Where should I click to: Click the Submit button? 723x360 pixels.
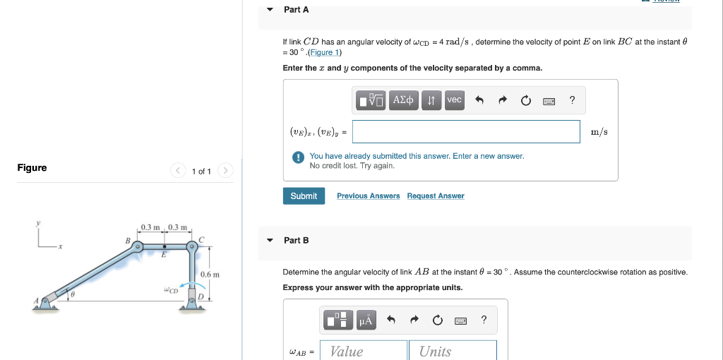click(x=304, y=196)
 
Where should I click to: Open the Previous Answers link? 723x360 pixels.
click(x=368, y=196)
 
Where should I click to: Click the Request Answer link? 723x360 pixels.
click(x=436, y=196)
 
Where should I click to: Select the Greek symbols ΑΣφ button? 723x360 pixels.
click(x=405, y=100)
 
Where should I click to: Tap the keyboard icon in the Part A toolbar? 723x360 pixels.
click(x=549, y=101)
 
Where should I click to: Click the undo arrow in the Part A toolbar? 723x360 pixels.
click(x=479, y=101)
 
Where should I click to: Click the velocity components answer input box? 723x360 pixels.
click(x=466, y=131)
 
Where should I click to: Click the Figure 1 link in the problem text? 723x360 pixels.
click(x=324, y=53)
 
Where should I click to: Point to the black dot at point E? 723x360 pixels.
click(x=165, y=247)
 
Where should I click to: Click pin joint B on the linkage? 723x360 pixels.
click(x=138, y=247)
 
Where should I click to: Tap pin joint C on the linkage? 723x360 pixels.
click(x=191, y=247)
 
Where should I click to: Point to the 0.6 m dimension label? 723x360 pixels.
click(x=210, y=275)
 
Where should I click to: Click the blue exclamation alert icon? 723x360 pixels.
click(x=299, y=157)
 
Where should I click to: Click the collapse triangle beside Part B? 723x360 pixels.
click(x=270, y=241)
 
